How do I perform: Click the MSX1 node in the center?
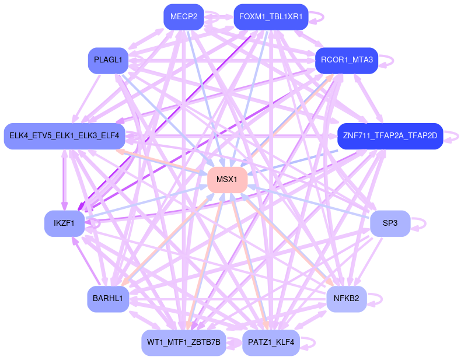(227, 180)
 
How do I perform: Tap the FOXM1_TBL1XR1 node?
(270, 17)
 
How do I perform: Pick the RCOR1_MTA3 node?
(347, 60)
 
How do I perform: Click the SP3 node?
(390, 223)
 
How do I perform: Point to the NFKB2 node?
(346, 299)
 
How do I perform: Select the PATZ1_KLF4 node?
(271, 342)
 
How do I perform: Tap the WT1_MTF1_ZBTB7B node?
(183, 342)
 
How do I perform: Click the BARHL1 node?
(108, 299)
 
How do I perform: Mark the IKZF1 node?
(64, 223)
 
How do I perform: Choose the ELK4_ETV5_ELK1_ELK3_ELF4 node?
(64, 136)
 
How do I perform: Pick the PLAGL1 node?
(108, 60)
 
